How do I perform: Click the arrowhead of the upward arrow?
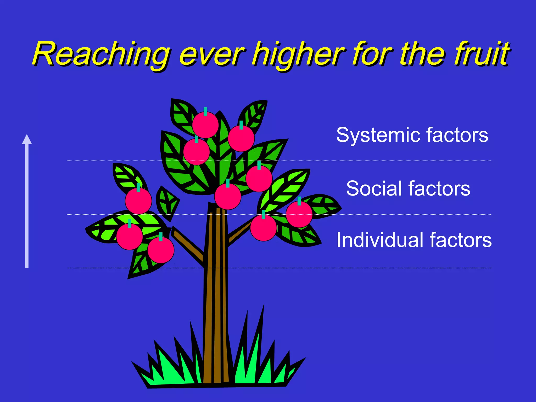(27, 139)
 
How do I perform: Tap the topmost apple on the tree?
(205, 125)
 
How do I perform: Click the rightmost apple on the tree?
(299, 214)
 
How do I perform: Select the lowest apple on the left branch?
(161, 250)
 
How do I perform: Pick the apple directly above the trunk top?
(227, 197)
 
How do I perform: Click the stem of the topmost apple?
(205, 111)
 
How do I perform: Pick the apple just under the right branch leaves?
(263, 228)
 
